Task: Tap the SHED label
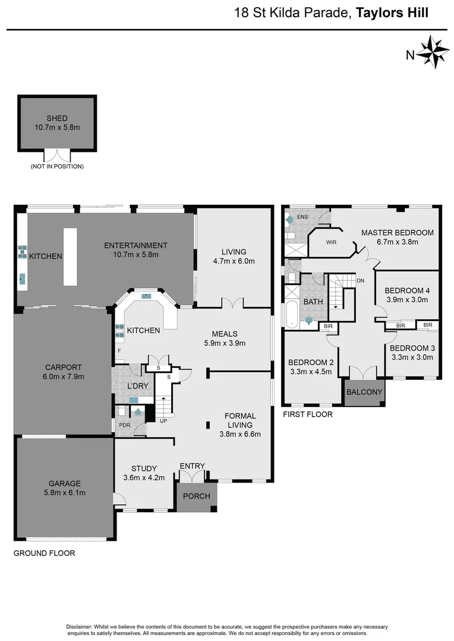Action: pyautogui.click(x=56, y=118)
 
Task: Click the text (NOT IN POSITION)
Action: pyautogui.click(x=57, y=167)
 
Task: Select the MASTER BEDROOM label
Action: pyautogui.click(x=398, y=233)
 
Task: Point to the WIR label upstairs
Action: pyautogui.click(x=332, y=242)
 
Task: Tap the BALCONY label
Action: pyautogui.click(x=364, y=393)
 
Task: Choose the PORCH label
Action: pyautogui.click(x=196, y=496)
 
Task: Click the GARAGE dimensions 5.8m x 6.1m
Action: pyautogui.click(x=65, y=492)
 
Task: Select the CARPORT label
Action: pyautogui.click(x=63, y=367)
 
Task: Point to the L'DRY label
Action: pyautogui.click(x=138, y=386)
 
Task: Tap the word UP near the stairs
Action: pyautogui.click(x=163, y=421)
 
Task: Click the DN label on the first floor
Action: pyautogui.click(x=360, y=280)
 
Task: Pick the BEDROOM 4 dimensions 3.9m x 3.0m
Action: pyautogui.click(x=407, y=300)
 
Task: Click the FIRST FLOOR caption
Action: pyautogui.click(x=307, y=414)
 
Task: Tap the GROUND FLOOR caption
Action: pyautogui.click(x=45, y=553)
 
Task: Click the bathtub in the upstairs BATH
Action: pyautogui.click(x=291, y=315)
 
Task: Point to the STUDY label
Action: pyautogui.click(x=144, y=469)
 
